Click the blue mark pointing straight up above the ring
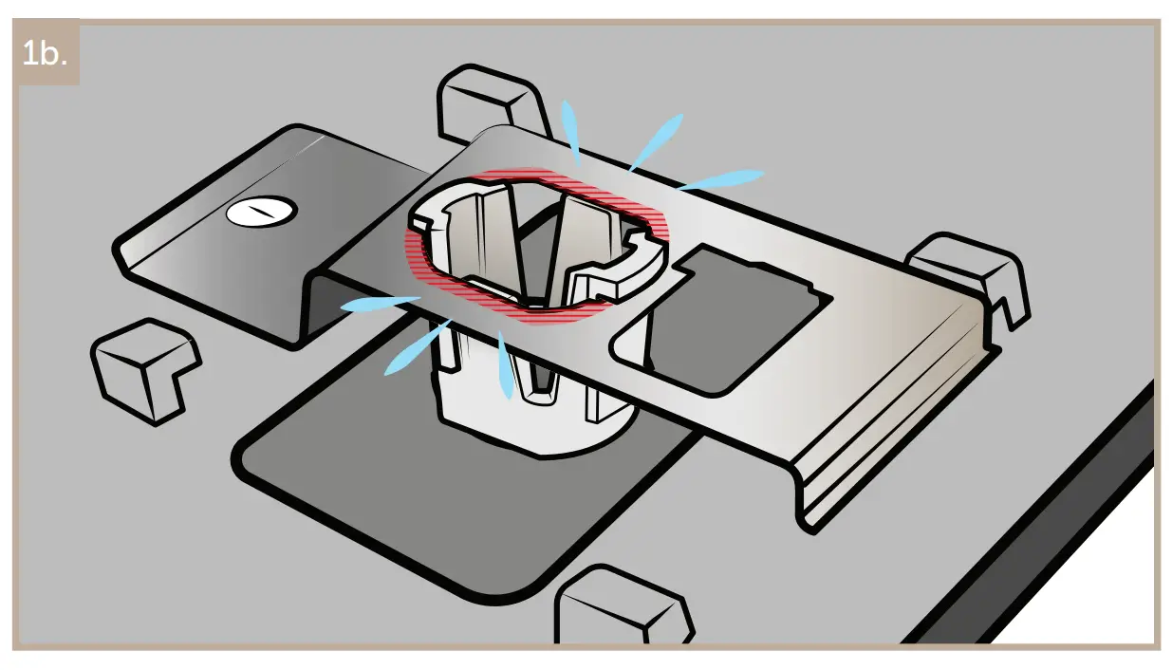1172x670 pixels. point(571,129)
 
